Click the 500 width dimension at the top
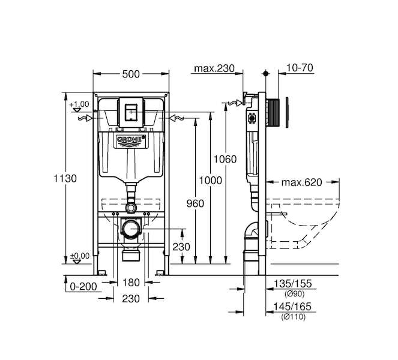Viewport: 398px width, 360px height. tap(131, 74)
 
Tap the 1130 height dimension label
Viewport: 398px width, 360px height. tap(65, 179)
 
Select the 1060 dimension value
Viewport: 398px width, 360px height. tap(225, 160)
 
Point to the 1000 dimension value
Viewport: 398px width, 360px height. tap(210, 181)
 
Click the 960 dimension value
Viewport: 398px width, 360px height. tap(195, 203)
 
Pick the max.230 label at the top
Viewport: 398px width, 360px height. tap(214, 68)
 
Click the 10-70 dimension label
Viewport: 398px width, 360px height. tap(300, 68)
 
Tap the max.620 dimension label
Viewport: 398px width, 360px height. tap(302, 182)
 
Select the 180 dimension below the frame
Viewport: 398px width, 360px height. tap(131, 283)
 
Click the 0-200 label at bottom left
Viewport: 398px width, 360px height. tap(83, 287)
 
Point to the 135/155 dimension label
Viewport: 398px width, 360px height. tap(292, 284)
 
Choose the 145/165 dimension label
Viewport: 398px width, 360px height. tap(292, 307)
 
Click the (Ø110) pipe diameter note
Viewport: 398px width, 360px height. tap(293, 317)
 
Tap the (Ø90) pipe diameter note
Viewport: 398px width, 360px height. tap(294, 294)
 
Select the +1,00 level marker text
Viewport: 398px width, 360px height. tap(79, 104)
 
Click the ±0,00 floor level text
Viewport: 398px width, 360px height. tap(80, 256)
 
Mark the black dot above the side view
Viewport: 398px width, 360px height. tap(265, 74)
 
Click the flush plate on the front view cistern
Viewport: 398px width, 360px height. tap(131, 112)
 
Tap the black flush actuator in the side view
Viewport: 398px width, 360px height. tap(274, 113)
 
